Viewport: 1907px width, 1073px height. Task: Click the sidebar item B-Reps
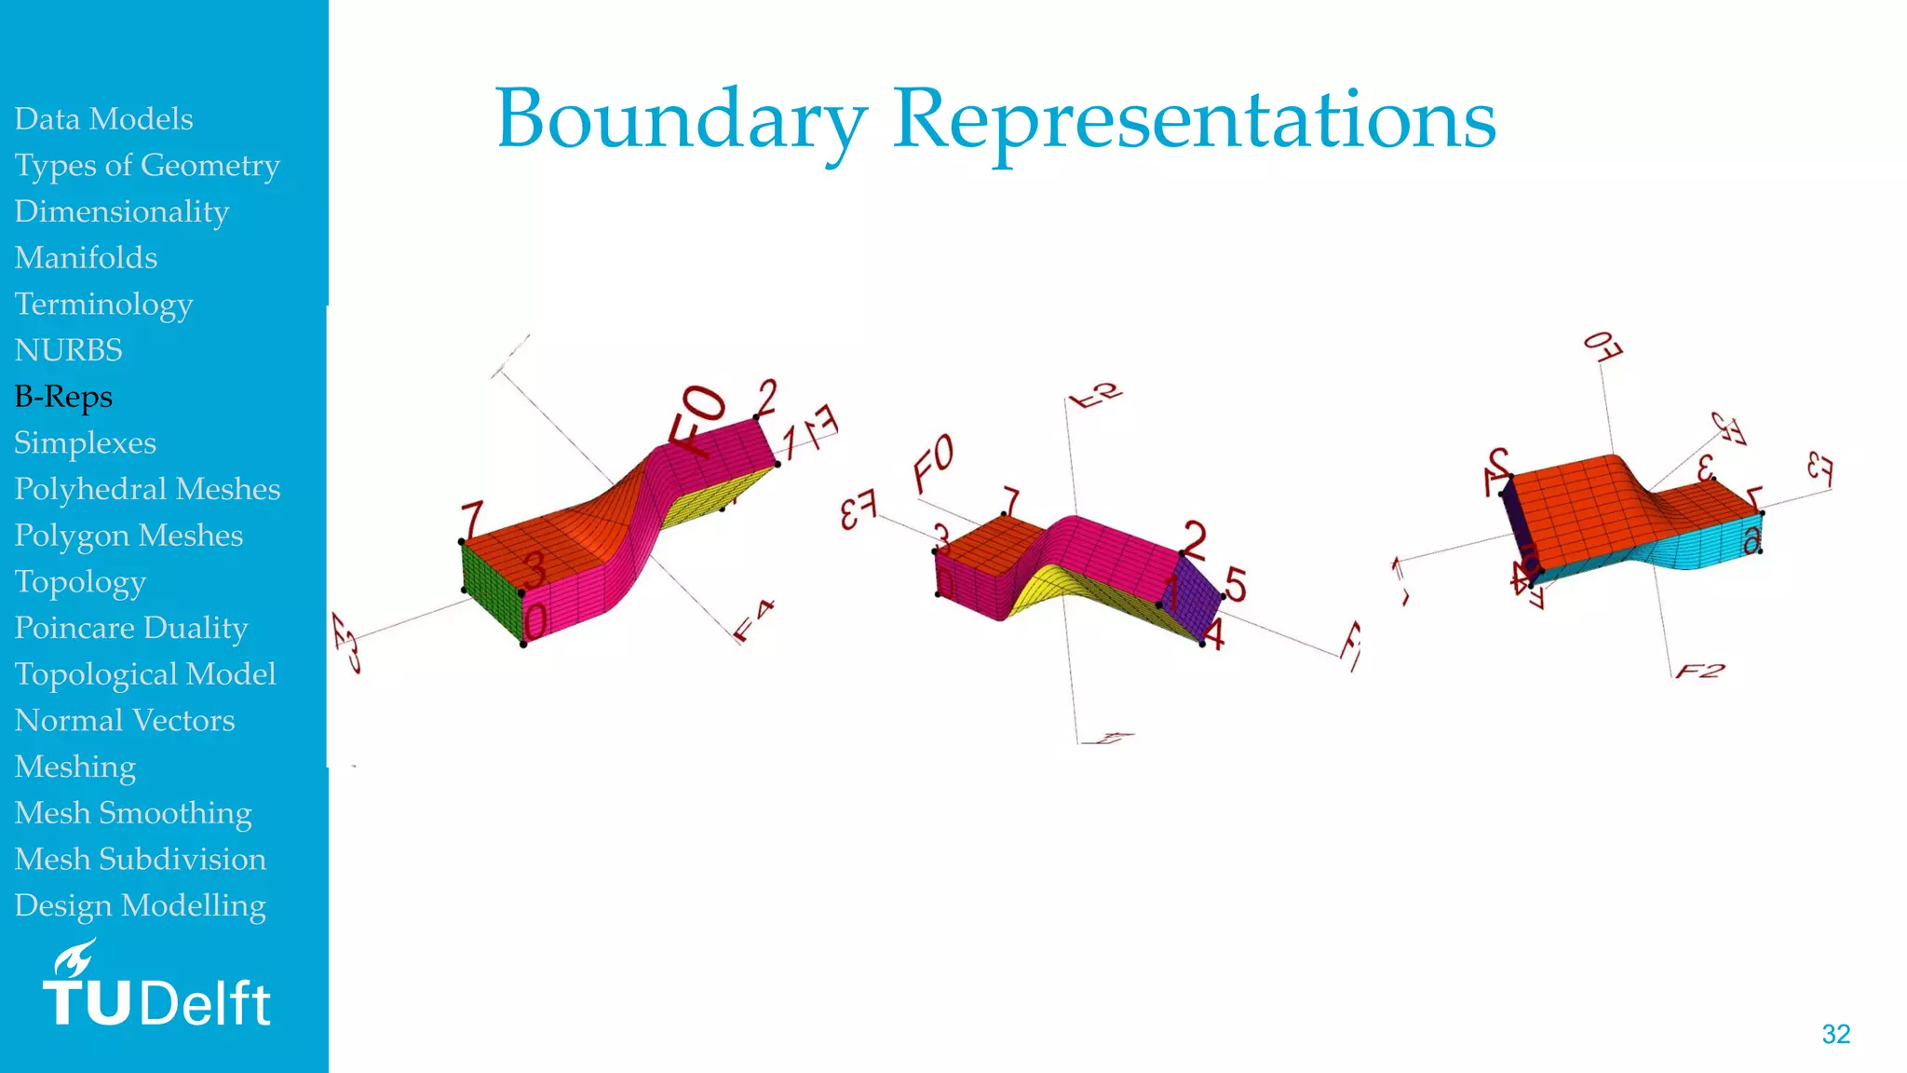tap(63, 397)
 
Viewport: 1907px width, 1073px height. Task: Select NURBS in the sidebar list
tap(68, 350)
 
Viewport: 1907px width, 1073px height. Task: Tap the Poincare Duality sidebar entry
tap(130, 628)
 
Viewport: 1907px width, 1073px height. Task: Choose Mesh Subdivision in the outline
tap(140, 859)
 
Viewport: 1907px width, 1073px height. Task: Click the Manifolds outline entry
tap(86, 258)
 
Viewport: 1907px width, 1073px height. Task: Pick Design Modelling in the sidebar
tap(140, 905)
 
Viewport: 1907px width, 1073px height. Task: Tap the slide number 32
tap(1835, 1034)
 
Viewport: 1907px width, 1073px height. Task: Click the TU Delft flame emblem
tap(74, 958)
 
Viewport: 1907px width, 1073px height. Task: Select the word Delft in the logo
tap(207, 1004)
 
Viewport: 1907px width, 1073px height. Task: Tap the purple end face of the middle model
tap(1196, 596)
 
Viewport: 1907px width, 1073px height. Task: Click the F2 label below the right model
tap(1699, 671)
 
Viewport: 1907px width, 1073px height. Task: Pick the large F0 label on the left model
tap(697, 419)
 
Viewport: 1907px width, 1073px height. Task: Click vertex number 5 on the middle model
tap(1235, 584)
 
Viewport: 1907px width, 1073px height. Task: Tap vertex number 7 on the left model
tap(472, 520)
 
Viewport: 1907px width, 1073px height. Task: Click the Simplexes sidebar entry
tap(85, 443)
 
